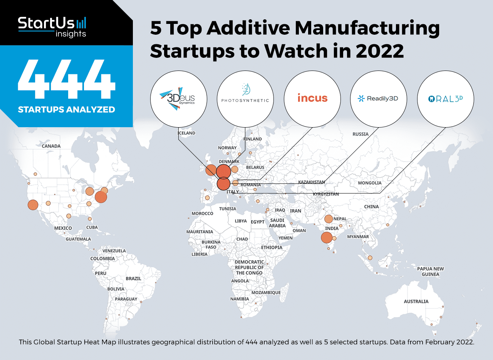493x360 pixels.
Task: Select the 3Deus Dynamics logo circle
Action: (178, 99)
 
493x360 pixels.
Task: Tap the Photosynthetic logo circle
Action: (245, 99)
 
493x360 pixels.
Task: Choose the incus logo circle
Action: (312, 99)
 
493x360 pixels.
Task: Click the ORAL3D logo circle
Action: (446, 99)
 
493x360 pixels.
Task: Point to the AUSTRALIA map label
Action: (416, 301)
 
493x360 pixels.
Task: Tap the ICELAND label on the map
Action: (186, 133)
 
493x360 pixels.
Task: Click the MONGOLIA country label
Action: (369, 183)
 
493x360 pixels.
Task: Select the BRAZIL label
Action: (133, 278)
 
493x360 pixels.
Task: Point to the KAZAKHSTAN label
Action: (312, 182)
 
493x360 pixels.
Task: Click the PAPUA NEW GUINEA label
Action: (430, 271)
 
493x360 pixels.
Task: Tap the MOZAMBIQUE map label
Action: (266, 293)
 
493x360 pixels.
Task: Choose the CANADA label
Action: (51, 146)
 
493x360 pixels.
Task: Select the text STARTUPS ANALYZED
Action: (66, 109)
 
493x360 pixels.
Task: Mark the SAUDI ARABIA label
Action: (277, 223)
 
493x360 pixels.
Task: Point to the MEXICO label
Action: (63, 228)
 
